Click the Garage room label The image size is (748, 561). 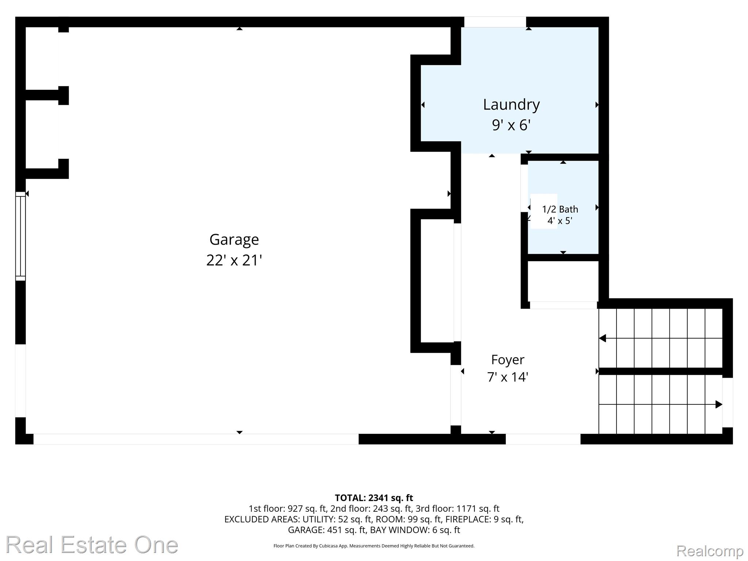tap(234, 240)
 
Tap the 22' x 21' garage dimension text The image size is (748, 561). tap(234, 260)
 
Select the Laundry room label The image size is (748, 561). tap(511, 105)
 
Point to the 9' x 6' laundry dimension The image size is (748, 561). tap(511, 125)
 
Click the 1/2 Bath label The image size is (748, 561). tap(560, 209)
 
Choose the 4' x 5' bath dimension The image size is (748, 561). tap(560, 221)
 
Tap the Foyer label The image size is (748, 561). tap(508, 360)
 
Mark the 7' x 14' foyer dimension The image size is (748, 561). tap(508, 377)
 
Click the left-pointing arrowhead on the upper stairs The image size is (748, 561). tap(603, 339)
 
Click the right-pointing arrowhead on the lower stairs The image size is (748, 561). tap(719, 404)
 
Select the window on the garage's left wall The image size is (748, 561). tap(20, 236)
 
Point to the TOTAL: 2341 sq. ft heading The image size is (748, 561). tap(374, 498)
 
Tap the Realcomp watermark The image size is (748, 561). tap(710, 551)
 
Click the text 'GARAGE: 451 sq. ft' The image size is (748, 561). tap(327, 530)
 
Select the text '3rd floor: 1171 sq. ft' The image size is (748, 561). tap(458, 509)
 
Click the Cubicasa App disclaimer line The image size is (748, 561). tap(374, 546)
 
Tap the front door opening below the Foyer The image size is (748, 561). tap(543, 439)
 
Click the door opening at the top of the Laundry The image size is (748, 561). tap(495, 22)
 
